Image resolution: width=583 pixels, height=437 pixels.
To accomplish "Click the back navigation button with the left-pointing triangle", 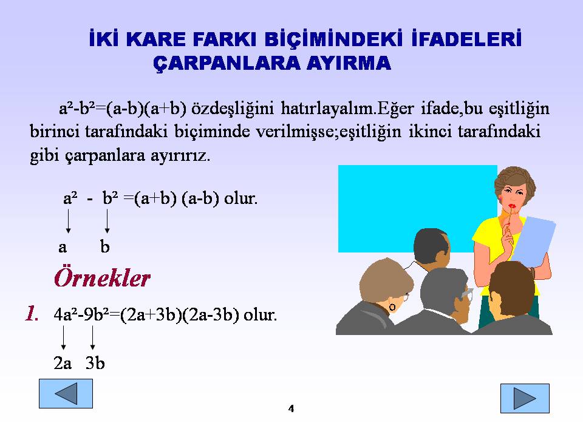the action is point(66,393).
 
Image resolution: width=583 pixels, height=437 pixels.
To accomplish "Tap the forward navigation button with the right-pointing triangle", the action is point(525,398).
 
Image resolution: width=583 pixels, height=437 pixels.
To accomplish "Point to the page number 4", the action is point(291,408).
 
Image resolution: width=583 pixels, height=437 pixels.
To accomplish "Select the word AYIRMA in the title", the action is point(349,63).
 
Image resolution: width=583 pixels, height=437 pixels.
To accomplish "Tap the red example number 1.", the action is point(32,313).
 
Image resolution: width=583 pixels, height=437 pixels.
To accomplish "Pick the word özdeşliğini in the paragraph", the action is point(233,109).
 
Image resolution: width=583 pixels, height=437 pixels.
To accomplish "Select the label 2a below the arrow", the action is point(63,363).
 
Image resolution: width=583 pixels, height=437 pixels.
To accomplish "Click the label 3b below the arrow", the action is point(95,363).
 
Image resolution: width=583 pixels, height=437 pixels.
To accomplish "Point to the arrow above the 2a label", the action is point(64,338).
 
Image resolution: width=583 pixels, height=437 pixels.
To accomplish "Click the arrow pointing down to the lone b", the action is point(107,221).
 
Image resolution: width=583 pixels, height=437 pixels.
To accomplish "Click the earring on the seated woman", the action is point(392,307).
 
